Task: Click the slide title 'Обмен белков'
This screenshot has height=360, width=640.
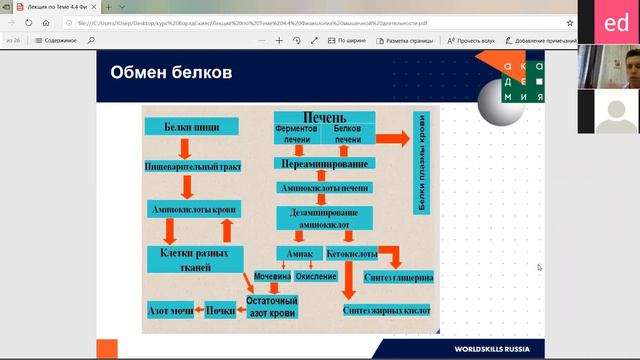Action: tap(171, 73)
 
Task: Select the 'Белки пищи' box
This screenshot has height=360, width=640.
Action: tap(190, 127)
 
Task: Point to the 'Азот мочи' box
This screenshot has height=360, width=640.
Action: tap(170, 310)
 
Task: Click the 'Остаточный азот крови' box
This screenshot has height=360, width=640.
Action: tap(272, 306)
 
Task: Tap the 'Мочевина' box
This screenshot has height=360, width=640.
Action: tap(272, 275)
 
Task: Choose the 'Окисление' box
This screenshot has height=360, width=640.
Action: tap(316, 275)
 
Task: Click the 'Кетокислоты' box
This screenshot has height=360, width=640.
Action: tap(352, 254)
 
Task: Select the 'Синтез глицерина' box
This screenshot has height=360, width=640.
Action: tap(399, 276)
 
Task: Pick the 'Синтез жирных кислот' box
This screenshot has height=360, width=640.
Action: tap(386, 311)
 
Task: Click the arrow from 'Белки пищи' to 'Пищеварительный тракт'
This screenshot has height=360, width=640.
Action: tap(185, 147)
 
